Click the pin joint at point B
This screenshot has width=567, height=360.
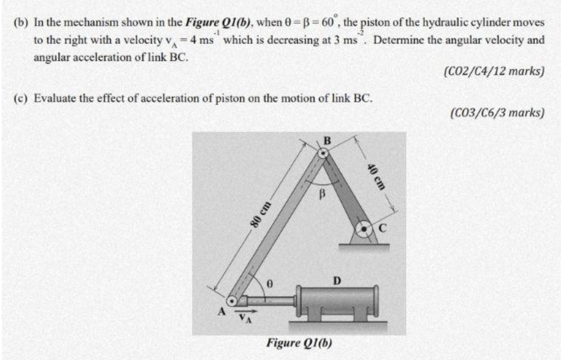(x=323, y=154)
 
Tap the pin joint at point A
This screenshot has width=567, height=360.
(x=232, y=301)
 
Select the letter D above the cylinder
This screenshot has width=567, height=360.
(x=337, y=280)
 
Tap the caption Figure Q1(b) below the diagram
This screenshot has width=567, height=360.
(x=299, y=342)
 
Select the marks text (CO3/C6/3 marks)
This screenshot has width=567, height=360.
(x=497, y=113)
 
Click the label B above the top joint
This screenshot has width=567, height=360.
(x=326, y=141)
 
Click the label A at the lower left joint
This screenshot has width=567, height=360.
(x=221, y=312)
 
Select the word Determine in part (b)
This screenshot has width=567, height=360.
(x=394, y=40)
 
